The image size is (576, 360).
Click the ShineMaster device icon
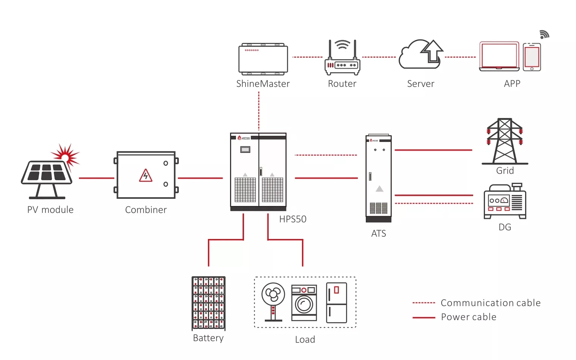(263, 59)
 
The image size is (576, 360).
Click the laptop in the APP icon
(499, 57)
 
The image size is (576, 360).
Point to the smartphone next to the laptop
(532, 57)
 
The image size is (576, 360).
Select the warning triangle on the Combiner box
(146, 176)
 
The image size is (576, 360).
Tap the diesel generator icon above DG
(505, 201)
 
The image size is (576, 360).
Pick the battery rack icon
(208, 303)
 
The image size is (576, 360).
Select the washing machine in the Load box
(304, 303)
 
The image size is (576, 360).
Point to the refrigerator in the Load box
(337, 302)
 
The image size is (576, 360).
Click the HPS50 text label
(293, 219)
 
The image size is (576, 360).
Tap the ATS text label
(378, 234)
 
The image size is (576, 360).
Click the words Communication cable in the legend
(490, 303)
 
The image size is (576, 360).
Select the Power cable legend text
(469, 317)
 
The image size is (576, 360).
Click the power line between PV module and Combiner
(96, 178)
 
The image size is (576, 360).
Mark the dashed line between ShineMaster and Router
(307, 57)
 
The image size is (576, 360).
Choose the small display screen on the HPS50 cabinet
(245, 150)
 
